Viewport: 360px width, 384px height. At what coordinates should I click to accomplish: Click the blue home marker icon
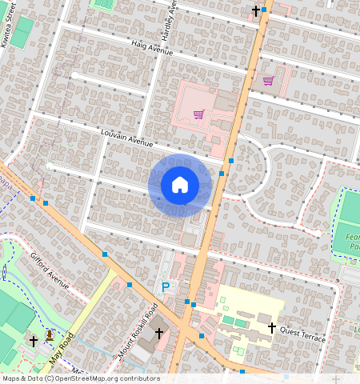click(x=180, y=185)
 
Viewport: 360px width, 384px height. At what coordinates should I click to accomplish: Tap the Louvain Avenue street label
click(x=126, y=138)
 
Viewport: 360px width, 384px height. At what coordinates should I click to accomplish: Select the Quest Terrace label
click(x=303, y=333)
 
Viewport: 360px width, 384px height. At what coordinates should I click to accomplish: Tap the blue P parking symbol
click(x=166, y=287)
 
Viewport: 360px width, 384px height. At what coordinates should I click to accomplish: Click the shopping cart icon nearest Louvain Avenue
click(x=198, y=114)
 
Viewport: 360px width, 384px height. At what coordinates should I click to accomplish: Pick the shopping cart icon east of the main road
click(x=268, y=80)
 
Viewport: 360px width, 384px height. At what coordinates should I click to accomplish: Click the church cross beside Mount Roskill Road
click(x=158, y=332)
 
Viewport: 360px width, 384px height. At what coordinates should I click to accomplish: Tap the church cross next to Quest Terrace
click(x=271, y=328)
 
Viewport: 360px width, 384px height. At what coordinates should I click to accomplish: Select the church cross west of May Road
click(x=33, y=341)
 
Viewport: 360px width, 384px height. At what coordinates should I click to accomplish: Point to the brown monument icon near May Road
click(x=50, y=334)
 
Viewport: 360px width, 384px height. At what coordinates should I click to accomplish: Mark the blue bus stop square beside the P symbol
click(x=130, y=284)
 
